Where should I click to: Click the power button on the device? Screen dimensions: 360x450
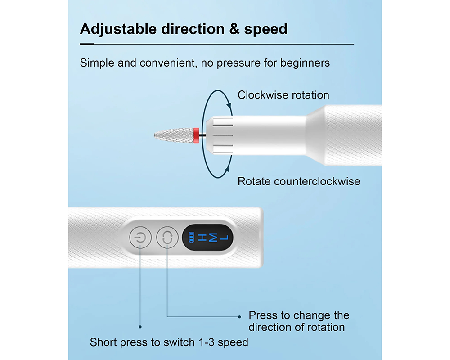coord(140,238)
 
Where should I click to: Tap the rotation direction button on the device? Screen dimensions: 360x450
coord(167,238)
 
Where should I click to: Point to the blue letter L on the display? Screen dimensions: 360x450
coord(225,238)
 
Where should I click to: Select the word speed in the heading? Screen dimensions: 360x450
coord(266,29)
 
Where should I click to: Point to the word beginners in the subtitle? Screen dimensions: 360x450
coord(305,63)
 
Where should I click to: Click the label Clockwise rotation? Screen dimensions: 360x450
coord(283,95)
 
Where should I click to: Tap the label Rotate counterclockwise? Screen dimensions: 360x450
coord(299,181)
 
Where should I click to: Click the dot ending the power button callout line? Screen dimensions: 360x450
coord(140,327)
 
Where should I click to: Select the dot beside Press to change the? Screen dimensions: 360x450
coord(239,316)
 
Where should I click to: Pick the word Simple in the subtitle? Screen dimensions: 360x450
coord(97,63)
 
